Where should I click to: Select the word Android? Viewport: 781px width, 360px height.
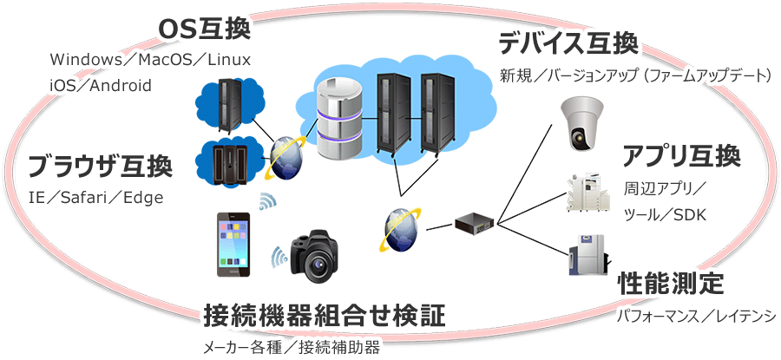click(121, 86)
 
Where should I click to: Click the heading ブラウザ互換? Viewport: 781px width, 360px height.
click(99, 166)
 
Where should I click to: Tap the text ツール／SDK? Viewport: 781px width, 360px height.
click(666, 214)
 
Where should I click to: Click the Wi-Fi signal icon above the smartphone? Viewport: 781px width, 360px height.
click(267, 202)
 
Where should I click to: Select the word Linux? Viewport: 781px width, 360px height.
click(228, 61)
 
